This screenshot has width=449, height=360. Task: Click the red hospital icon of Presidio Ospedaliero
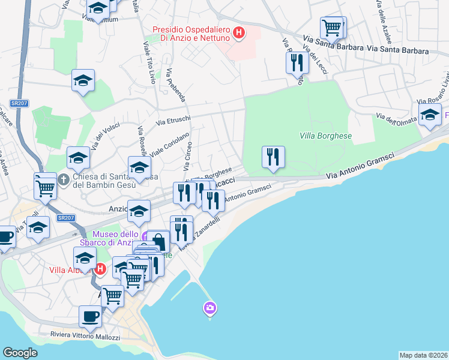click(239, 33)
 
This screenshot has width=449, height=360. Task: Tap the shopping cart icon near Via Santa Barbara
click(332, 27)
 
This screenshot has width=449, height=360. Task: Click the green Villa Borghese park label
click(325, 136)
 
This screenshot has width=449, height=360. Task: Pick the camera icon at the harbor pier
click(210, 308)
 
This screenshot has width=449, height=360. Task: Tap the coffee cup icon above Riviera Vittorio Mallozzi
click(91, 316)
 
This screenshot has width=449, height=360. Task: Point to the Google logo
click(20, 353)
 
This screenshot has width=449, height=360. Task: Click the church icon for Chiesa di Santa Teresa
click(64, 179)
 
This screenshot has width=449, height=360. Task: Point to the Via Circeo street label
click(187, 155)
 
